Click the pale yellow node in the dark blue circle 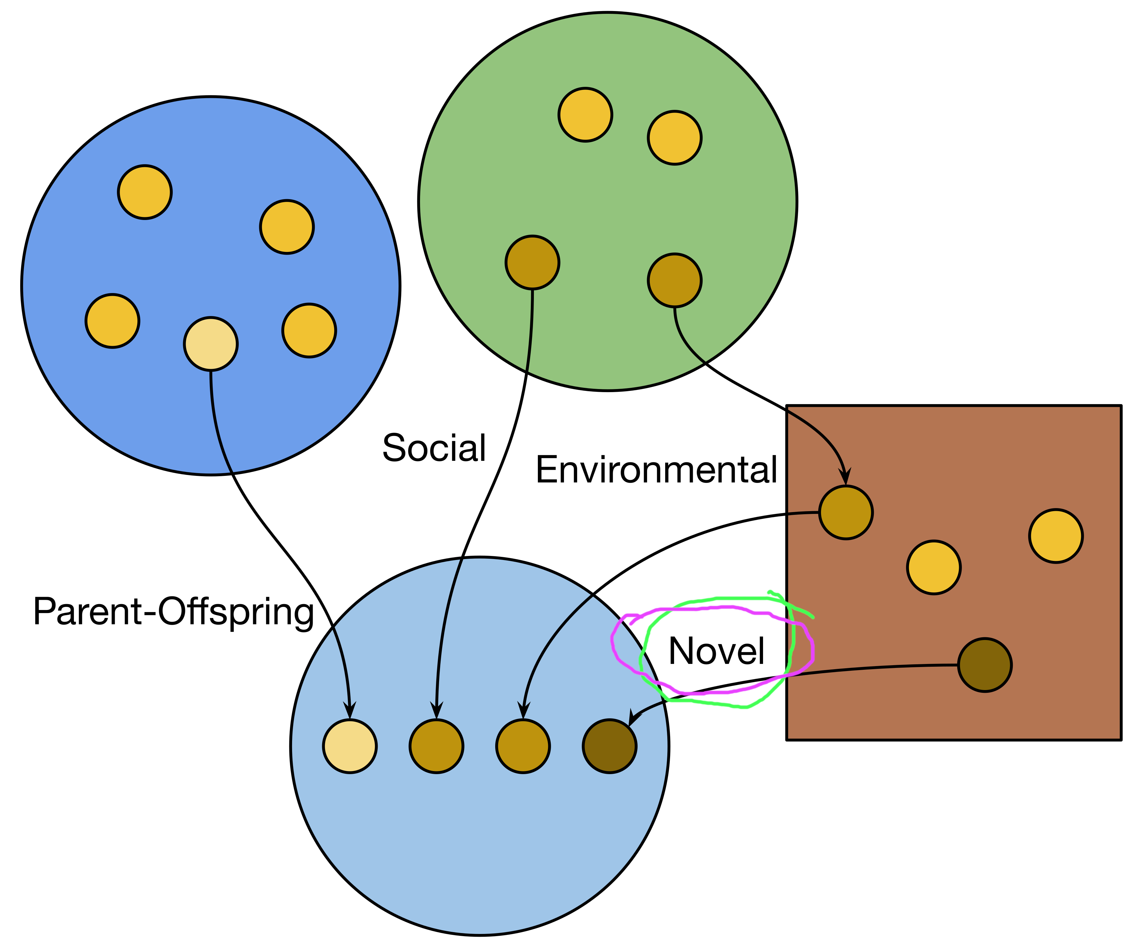[x=210, y=344]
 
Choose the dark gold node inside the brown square [x=846, y=512]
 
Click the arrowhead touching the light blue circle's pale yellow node [x=350, y=711]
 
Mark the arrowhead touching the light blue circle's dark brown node [x=633, y=718]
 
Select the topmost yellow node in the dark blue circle [x=145, y=192]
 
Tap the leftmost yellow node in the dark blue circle [x=112, y=321]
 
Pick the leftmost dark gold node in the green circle [x=532, y=263]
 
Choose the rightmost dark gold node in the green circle [x=674, y=280]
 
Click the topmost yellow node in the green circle [x=585, y=114]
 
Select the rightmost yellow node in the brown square [x=1056, y=536]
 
